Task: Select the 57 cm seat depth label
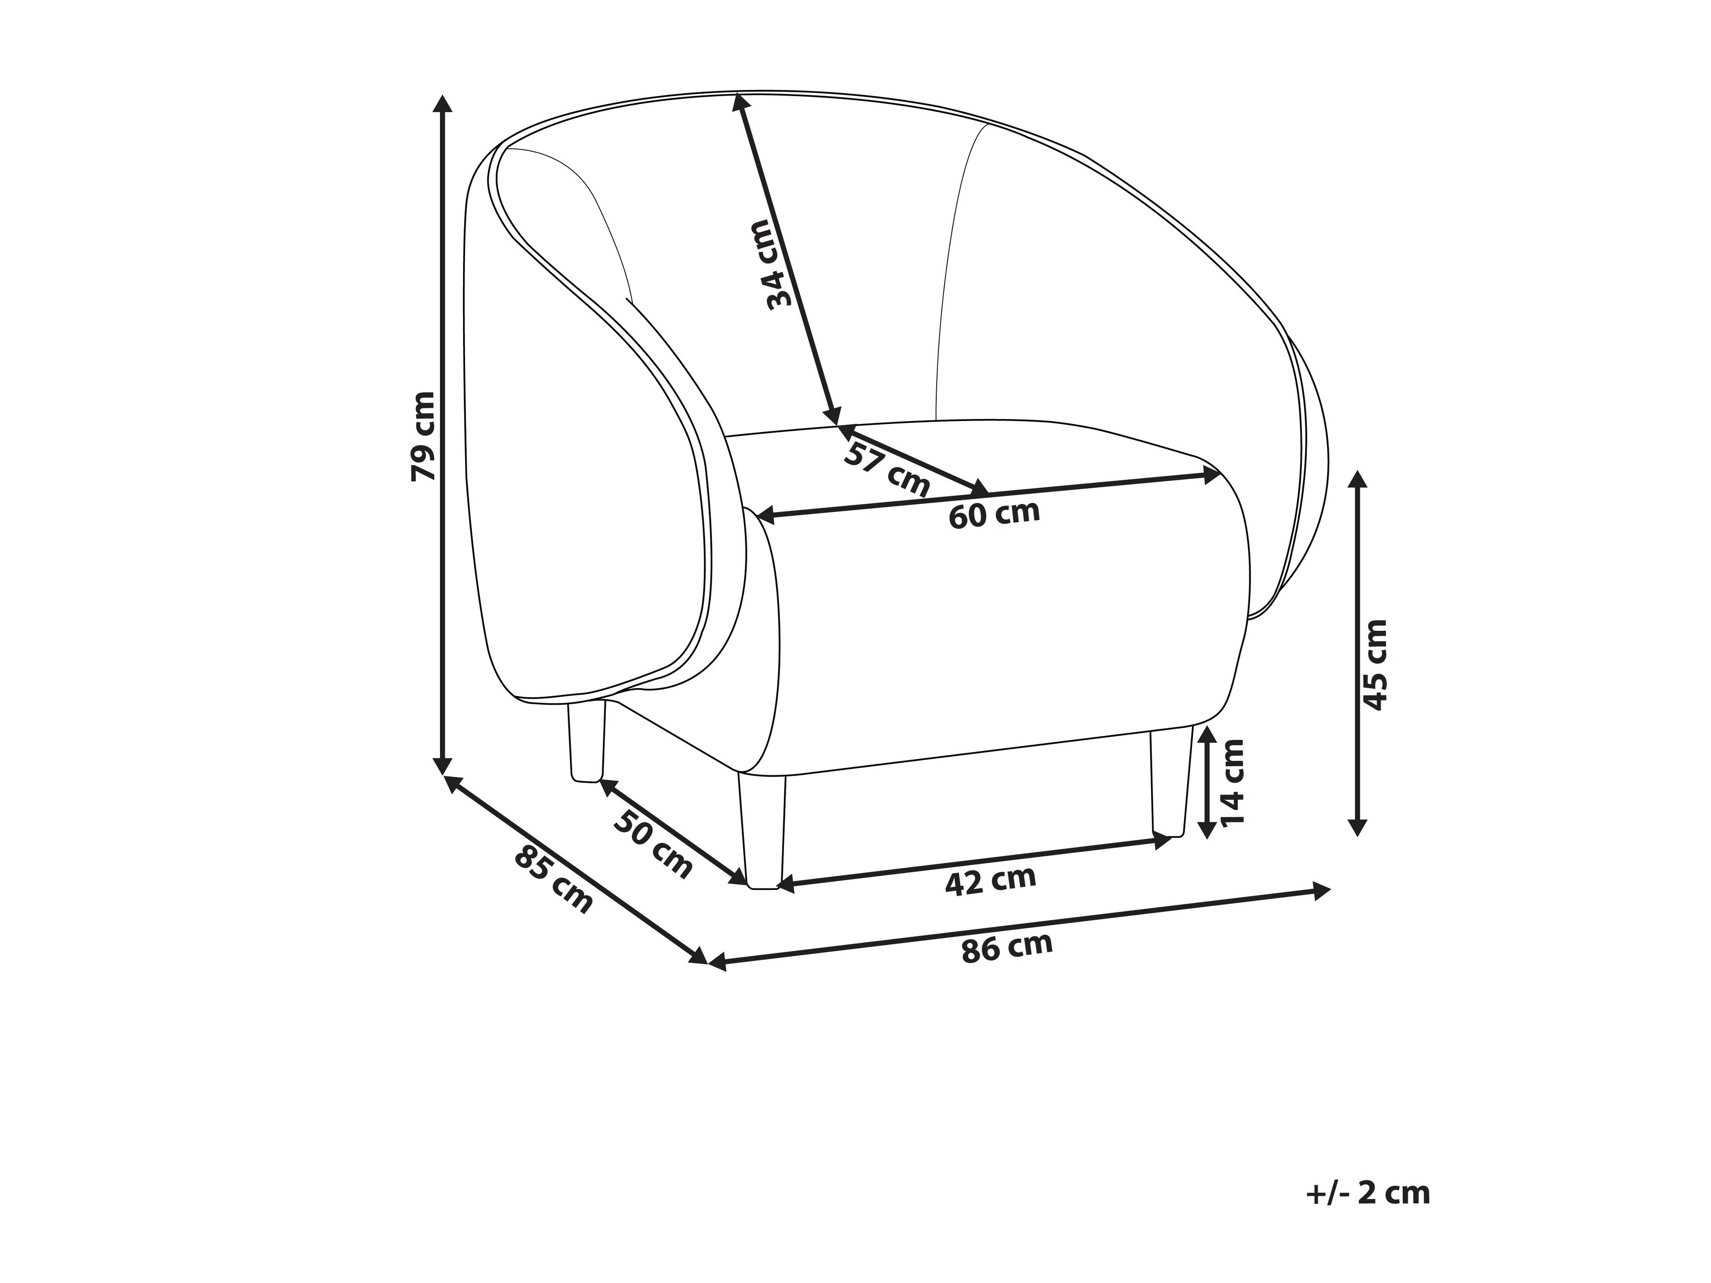(x=886, y=469)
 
